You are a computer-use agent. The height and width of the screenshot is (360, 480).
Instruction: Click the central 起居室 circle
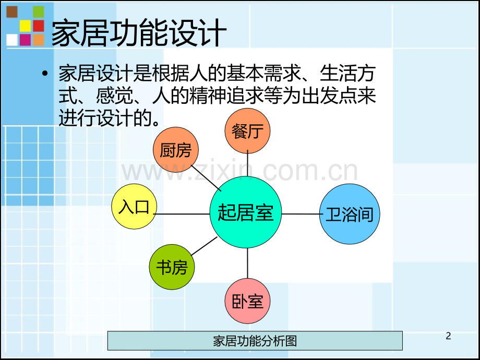pyautogui.click(x=246, y=212)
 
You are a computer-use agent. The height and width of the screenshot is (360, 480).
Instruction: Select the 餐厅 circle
pyautogui.click(x=247, y=131)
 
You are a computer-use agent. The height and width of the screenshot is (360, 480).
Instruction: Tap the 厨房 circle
pyautogui.click(x=176, y=150)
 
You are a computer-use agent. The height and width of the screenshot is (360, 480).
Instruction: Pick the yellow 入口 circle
pyautogui.click(x=134, y=206)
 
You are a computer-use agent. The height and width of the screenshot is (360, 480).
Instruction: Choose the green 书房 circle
pyautogui.click(x=172, y=267)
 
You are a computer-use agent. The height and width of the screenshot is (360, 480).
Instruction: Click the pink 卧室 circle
pyautogui.click(x=247, y=301)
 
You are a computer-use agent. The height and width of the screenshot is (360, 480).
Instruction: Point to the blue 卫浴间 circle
pyautogui.click(x=350, y=214)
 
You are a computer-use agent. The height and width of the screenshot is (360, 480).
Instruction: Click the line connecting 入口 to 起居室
pyautogui.click(x=183, y=214)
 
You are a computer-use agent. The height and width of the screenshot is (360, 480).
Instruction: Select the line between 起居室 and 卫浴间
pyautogui.click(x=301, y=214)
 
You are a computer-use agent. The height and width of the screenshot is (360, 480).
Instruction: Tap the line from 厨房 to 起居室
pyautogui.click(x=206, y=178)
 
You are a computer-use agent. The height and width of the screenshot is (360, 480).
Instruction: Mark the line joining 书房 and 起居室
pyautogui.click(x=204, y=246)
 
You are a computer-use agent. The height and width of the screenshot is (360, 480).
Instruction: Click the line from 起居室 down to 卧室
pyautogui.click(x=247, y=263)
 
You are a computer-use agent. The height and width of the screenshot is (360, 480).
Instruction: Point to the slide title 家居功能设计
pyautogui.click(x=139, y=32)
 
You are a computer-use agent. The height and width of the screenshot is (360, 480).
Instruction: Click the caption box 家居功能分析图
pyautogui.click(x=255, y=340)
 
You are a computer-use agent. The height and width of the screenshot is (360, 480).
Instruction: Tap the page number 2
pyautogui.click(x=448, y=336)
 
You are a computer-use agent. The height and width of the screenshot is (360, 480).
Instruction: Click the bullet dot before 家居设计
pyautogui.click(x=45, y=74)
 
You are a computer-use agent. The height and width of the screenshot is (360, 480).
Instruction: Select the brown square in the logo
pyautogui.click(x=12, y=11)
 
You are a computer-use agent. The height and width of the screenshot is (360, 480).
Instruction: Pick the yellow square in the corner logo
pyautogui.click(x=25, y=26)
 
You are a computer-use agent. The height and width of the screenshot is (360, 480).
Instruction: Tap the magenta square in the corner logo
pyautogui.click(x=25, y=40)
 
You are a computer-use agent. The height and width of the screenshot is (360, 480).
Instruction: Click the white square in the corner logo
pyautogui.click(x=12, y=40)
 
